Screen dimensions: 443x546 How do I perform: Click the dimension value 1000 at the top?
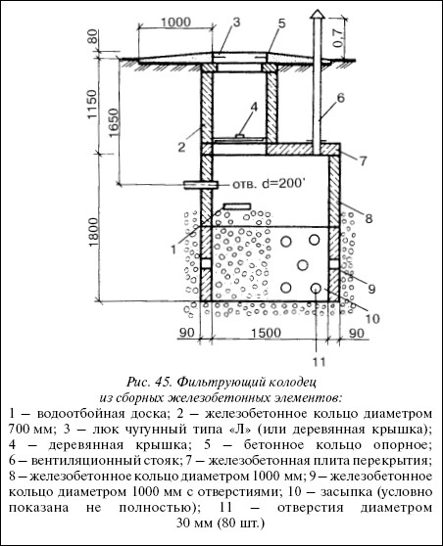(175, 23)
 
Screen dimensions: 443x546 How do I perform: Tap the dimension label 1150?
(92, 104)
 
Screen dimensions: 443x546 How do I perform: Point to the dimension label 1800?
(93, 232)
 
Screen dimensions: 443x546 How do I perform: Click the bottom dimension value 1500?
(266, 333)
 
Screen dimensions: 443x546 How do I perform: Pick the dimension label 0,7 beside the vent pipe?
(338, 36)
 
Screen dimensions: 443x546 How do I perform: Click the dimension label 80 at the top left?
(92, 35)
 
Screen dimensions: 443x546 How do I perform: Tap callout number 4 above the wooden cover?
(254, 107)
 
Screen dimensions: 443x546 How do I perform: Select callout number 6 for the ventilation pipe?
(340, 98)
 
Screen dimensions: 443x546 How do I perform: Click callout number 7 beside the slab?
(363, 160)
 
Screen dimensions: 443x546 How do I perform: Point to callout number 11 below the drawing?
(319, 362)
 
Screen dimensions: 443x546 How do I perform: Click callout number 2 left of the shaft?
(181, 148)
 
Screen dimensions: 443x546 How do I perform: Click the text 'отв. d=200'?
(267, 184)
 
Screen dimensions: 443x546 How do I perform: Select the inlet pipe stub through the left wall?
(201, 185)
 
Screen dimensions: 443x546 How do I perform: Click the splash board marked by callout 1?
(237, 206)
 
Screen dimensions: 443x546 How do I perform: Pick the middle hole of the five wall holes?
(303, 265)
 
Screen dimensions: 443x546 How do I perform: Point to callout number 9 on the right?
(371, 289)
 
